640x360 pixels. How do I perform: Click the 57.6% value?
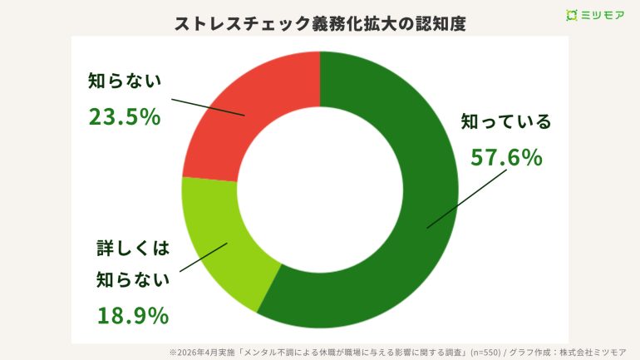click(506, 156)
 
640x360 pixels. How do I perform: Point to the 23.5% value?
click(124, 116)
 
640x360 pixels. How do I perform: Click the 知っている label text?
click(506, 122)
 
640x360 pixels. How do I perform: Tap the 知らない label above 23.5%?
click(124, 81)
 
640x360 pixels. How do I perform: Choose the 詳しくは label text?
click(133, 247)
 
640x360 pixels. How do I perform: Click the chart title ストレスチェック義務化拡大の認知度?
click(320, 23)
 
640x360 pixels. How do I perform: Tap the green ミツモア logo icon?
click(571, 15)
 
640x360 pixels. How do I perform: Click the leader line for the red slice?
click(208, 106)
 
